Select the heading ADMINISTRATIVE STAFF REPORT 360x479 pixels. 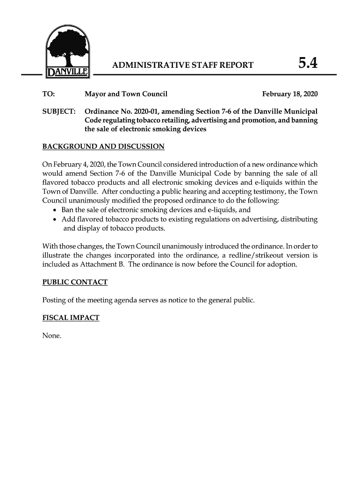[183, 65]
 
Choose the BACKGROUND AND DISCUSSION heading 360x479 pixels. [103, 147]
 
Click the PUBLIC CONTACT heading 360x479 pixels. [75, 282]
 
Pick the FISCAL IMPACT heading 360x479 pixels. [71, 318]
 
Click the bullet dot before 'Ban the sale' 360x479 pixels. [56, 210]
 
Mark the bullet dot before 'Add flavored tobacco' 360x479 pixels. [56, 219]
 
